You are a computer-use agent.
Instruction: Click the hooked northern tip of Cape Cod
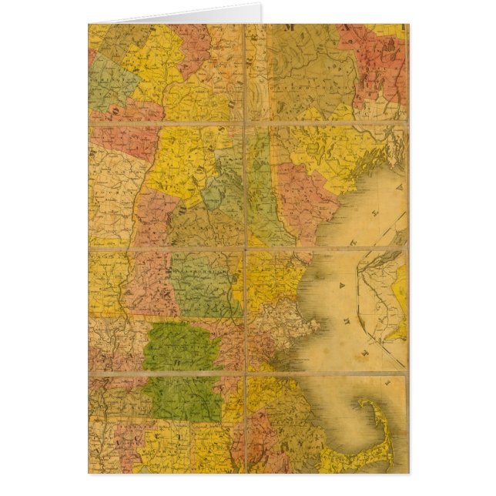(x=364, y=402)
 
